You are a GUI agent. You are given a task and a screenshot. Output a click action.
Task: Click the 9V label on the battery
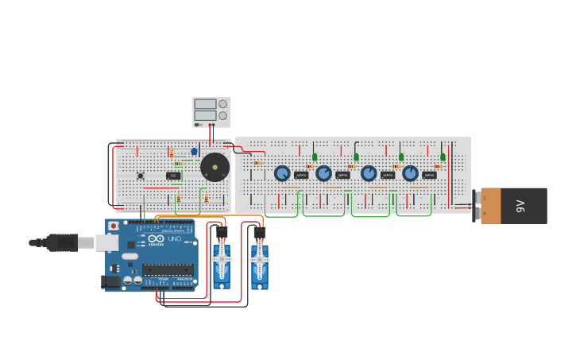(x=521, y=206)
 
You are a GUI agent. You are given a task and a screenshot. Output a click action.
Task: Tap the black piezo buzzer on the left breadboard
(x=215, y=168)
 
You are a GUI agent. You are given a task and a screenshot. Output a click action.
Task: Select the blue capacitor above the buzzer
(x=194, y=151)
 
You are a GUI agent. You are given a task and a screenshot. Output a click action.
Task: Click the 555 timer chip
(x=173, y=176)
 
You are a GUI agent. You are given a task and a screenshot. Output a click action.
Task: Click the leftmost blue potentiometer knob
(x=282, y=173)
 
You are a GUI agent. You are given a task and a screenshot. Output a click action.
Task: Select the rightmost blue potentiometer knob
(x=410, y=173)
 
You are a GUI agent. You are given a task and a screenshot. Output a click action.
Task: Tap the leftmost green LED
(x=315, y=157)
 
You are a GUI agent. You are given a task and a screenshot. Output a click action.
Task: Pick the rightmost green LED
(x=443, y=157)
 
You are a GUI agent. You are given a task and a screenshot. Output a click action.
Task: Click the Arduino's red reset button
(x=114, y=226)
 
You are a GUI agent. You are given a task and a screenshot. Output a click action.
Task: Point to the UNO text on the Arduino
(x=174, y=239)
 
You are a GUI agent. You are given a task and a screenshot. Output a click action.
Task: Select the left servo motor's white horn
(x=221, y=257)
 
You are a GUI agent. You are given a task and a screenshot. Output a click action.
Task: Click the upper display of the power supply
(x=204, y=104)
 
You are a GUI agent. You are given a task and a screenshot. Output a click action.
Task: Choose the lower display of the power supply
(x=204, y=116)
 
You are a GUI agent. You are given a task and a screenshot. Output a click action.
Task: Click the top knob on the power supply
(x=222, y=104)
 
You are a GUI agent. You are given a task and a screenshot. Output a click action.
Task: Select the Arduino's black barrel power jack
(x=110, y=281)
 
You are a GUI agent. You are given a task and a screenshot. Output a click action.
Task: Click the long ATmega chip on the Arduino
(x=168, y=269)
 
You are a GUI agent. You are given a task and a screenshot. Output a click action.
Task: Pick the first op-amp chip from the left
(x=301, y=175)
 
